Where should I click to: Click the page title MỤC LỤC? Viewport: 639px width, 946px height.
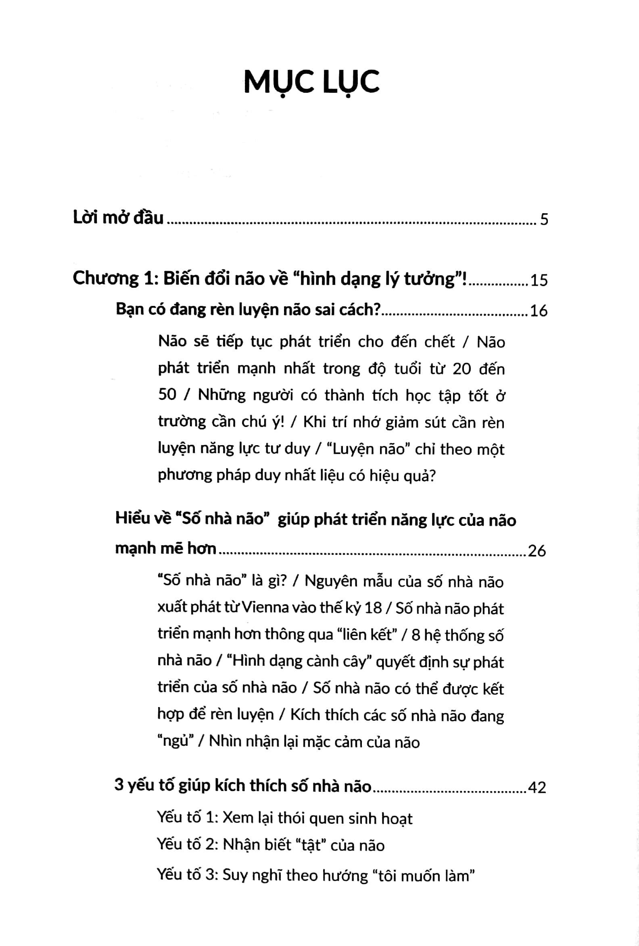pos(311,82)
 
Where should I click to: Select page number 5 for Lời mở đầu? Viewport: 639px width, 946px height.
pos(544,220)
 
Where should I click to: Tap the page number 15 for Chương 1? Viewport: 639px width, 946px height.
pos(539,280)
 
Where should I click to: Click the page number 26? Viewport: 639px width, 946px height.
pos(537,551)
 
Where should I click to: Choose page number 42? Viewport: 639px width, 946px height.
pos(537,787)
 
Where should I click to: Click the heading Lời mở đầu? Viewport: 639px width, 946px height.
pos(118,218)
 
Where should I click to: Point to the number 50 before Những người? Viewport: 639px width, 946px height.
pos(167,395)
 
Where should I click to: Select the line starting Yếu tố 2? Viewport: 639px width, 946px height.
pos(271,846)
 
